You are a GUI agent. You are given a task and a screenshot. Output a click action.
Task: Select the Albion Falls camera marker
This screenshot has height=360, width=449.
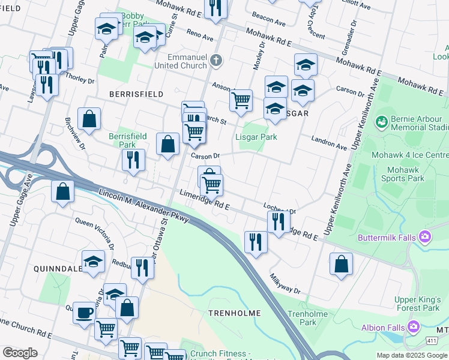[413, 326]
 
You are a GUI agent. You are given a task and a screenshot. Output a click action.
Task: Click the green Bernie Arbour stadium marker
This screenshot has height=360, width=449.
[380, 122]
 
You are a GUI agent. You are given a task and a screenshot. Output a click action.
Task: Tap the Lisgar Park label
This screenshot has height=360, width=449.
[256, 137]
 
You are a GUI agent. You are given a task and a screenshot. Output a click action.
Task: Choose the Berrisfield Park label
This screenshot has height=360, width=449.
[122, 140]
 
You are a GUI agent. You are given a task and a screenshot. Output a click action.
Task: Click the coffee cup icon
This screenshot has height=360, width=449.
[85, 313]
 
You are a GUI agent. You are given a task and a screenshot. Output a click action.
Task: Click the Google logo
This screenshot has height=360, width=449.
[20, 353]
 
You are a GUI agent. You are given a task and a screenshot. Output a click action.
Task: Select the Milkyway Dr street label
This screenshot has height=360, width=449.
[285, 281]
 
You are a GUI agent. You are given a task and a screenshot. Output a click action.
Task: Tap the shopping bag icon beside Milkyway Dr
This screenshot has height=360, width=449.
[341, 264]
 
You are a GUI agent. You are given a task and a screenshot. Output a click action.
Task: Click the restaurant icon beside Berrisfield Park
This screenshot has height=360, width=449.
[133, 160]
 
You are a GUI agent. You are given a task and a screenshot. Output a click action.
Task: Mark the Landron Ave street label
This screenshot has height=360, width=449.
[329, 143]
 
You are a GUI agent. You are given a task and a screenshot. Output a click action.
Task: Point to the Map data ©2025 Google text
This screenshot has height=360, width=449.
[411, 355]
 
